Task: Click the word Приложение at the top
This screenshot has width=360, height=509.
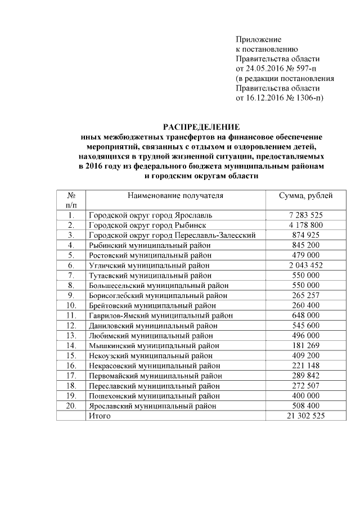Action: (x=258, y=39)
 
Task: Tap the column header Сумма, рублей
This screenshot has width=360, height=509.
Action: (x=306, y=196)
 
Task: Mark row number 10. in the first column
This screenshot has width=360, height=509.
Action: (x=71, y=306)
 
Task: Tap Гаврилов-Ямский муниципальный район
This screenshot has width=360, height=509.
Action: (x=160, y=316)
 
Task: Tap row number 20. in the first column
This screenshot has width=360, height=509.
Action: (x=71, y=406)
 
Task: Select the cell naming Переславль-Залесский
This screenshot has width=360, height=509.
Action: (x=172, y=235)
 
